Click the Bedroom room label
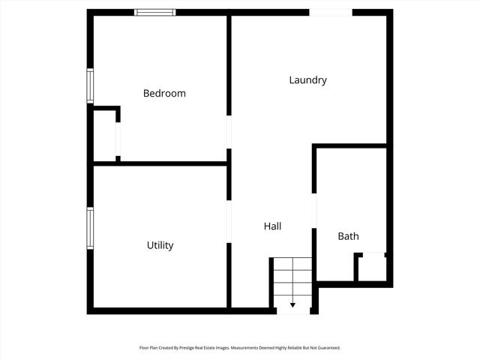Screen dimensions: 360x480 164,94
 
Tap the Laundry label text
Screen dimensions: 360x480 307,80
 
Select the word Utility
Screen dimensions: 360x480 160,245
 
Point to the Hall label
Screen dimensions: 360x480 272,226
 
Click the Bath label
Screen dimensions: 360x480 348,236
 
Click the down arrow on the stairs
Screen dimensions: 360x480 292,304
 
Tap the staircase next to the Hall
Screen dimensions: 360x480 292,281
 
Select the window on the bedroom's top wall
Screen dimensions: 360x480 155,12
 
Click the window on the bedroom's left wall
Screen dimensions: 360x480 90,85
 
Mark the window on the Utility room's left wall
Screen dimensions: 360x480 90,228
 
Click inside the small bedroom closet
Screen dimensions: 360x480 104,135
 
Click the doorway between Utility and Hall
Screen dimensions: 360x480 229,221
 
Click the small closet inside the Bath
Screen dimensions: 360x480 370,268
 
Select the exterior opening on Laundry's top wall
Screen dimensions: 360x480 331,12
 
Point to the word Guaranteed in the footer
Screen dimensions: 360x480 328,348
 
